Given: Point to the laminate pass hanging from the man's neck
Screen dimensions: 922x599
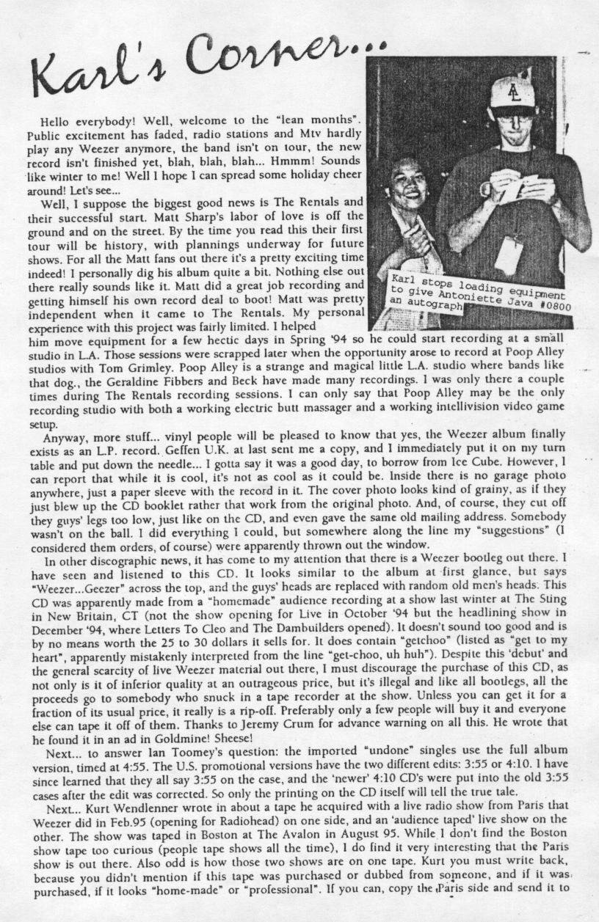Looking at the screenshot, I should [x=509, y=254].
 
